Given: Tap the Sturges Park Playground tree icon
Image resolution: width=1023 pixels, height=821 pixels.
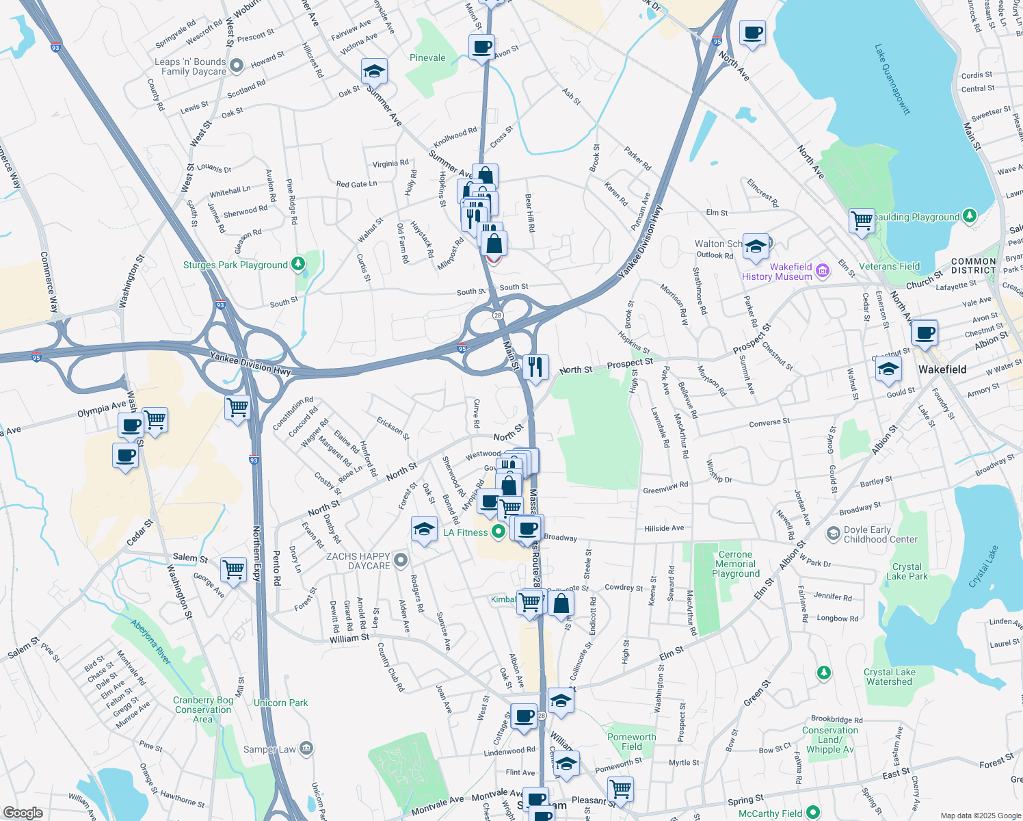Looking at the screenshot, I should [x=297, y=264].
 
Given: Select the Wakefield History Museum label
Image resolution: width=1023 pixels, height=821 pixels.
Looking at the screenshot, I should [x=778, y=272].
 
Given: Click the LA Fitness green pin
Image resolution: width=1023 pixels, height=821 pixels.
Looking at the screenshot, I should [x=499, y=532].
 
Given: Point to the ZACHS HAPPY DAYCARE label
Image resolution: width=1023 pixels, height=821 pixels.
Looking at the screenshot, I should [x=358, y=561].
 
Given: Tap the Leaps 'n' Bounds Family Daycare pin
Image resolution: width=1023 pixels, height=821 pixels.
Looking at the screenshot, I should [x=237, y=66].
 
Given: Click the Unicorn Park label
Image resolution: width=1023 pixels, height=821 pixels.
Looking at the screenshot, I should [x=280, y=703].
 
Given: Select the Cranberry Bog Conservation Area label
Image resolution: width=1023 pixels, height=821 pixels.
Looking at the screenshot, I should [x=203, y=709].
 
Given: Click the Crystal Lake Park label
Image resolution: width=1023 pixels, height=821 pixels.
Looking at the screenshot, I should [x=907, y=571].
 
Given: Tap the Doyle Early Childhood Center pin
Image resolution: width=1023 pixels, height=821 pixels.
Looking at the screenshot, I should [x=833, y=534].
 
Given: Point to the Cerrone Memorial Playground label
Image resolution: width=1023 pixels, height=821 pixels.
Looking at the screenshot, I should [x=736, y=564].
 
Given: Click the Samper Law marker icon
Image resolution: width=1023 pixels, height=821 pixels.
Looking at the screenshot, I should [x=306, y=748].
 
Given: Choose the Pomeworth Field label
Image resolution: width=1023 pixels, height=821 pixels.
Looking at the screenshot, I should [x=631, y=742].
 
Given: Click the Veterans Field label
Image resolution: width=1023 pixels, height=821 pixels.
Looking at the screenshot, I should [x=889, y=266].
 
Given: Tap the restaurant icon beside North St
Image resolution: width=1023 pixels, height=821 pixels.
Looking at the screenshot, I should [x=535, y=367].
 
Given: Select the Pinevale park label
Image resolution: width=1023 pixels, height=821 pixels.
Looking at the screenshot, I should [x=427, y=57].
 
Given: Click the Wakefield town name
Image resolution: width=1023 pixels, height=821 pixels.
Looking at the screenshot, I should [x=942, y=369].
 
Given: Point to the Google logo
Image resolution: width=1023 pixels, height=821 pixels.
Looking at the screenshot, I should [x=23, y=813].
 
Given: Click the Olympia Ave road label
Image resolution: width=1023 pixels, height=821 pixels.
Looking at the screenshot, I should [x=101, y=410].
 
